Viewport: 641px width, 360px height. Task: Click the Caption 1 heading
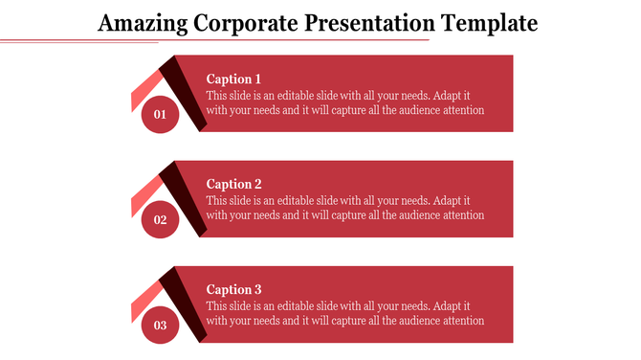[x=233, y=79]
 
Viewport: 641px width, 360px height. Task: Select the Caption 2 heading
[x=233, y=185]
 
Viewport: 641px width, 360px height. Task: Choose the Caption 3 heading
[x=233, y=290]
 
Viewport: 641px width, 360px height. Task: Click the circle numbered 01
[x=161, y=115]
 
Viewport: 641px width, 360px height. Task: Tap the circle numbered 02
[x=161, y=220]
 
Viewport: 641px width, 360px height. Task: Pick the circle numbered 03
[x=161, y=326]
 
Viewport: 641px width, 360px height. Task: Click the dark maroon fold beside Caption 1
[x=185, y=91]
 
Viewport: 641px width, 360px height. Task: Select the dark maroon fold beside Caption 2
[x=185, y=196]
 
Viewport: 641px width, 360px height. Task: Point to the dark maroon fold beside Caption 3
[x=185, y=302]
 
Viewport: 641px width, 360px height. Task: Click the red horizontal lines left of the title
[x=48, y=41]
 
